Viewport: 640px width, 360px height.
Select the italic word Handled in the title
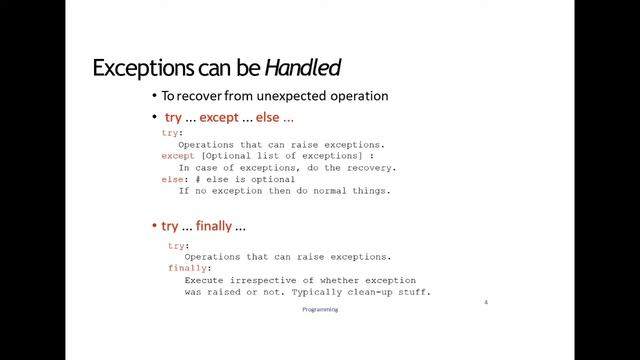pyautogui.click(x=303, y=68)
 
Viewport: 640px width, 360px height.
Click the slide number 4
pyautogui.click(x=486, y=301)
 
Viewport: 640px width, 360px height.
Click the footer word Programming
pyautogui.click(x=320, y=310)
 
